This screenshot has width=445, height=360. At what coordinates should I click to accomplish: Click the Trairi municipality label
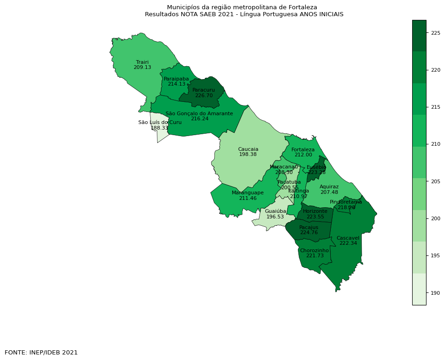click(142, 62)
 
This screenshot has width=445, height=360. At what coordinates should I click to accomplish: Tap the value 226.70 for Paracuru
click(204, 95)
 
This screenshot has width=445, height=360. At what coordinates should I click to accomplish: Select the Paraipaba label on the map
click(176, 79)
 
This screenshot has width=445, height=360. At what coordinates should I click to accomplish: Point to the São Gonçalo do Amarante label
click(199, 113)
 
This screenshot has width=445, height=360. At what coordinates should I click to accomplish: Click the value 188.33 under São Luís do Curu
click(160, 128)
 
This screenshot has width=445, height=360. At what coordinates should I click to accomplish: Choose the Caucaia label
click(248, 149)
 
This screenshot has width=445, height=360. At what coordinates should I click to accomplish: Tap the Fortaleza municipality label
click(303, 149)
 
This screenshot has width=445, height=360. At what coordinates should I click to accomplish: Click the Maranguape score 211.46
click(248, 198)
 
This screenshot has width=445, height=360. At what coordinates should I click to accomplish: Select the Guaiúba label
click(275, 211)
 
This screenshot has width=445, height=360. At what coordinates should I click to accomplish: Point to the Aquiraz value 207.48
click(329, 192)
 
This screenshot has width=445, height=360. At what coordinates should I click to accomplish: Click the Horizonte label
click(315, 211)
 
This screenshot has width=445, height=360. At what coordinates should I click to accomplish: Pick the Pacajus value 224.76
click(309, 233)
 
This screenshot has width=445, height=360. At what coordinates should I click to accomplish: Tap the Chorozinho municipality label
click(314, 250)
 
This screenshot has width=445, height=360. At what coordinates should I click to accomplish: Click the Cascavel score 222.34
click(348, 243)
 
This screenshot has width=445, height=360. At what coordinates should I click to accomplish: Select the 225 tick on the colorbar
click(435, 33)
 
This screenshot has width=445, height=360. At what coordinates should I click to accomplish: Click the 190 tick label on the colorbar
click(435, 293)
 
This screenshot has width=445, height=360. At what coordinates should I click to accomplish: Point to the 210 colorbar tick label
click(435, 144)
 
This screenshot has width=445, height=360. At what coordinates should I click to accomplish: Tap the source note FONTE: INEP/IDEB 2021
click(41, 352)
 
